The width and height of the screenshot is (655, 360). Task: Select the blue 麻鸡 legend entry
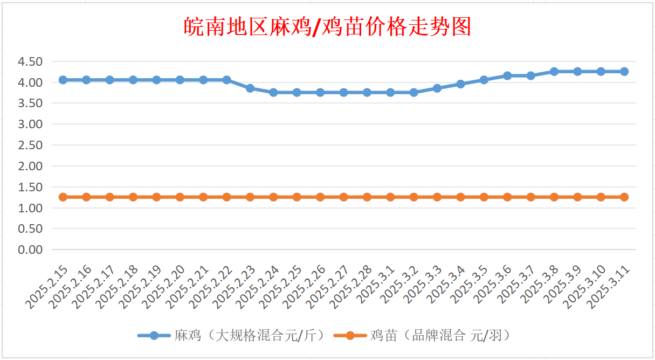click(232, 335)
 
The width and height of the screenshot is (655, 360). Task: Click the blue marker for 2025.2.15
click(63, 80)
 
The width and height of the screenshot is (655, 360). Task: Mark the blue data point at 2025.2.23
click(250, 88)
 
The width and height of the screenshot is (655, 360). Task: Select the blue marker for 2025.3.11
click(624, 71)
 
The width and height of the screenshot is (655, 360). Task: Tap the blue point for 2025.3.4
click(460, 84)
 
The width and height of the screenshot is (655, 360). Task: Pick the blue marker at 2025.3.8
click(554, 71)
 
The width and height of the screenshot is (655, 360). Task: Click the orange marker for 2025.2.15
click(63, 197)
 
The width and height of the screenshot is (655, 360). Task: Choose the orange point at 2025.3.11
click(624, 197)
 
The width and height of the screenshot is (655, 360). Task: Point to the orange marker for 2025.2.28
click(367, 197)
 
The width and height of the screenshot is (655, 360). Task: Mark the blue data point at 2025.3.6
click(507, 75)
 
